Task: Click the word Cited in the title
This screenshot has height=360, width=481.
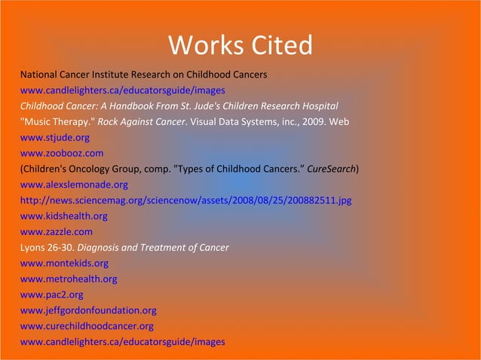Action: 280,45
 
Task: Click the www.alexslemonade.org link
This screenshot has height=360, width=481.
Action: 74,185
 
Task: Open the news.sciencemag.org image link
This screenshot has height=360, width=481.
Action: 185,200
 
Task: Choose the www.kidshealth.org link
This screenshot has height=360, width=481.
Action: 63,216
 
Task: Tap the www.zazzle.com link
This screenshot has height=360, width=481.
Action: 57,232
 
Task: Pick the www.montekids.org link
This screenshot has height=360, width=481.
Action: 64,264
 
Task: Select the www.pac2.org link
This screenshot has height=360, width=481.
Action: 51,294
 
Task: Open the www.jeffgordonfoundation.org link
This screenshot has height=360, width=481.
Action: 88,310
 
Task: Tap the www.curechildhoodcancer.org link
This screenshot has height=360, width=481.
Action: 87,326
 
